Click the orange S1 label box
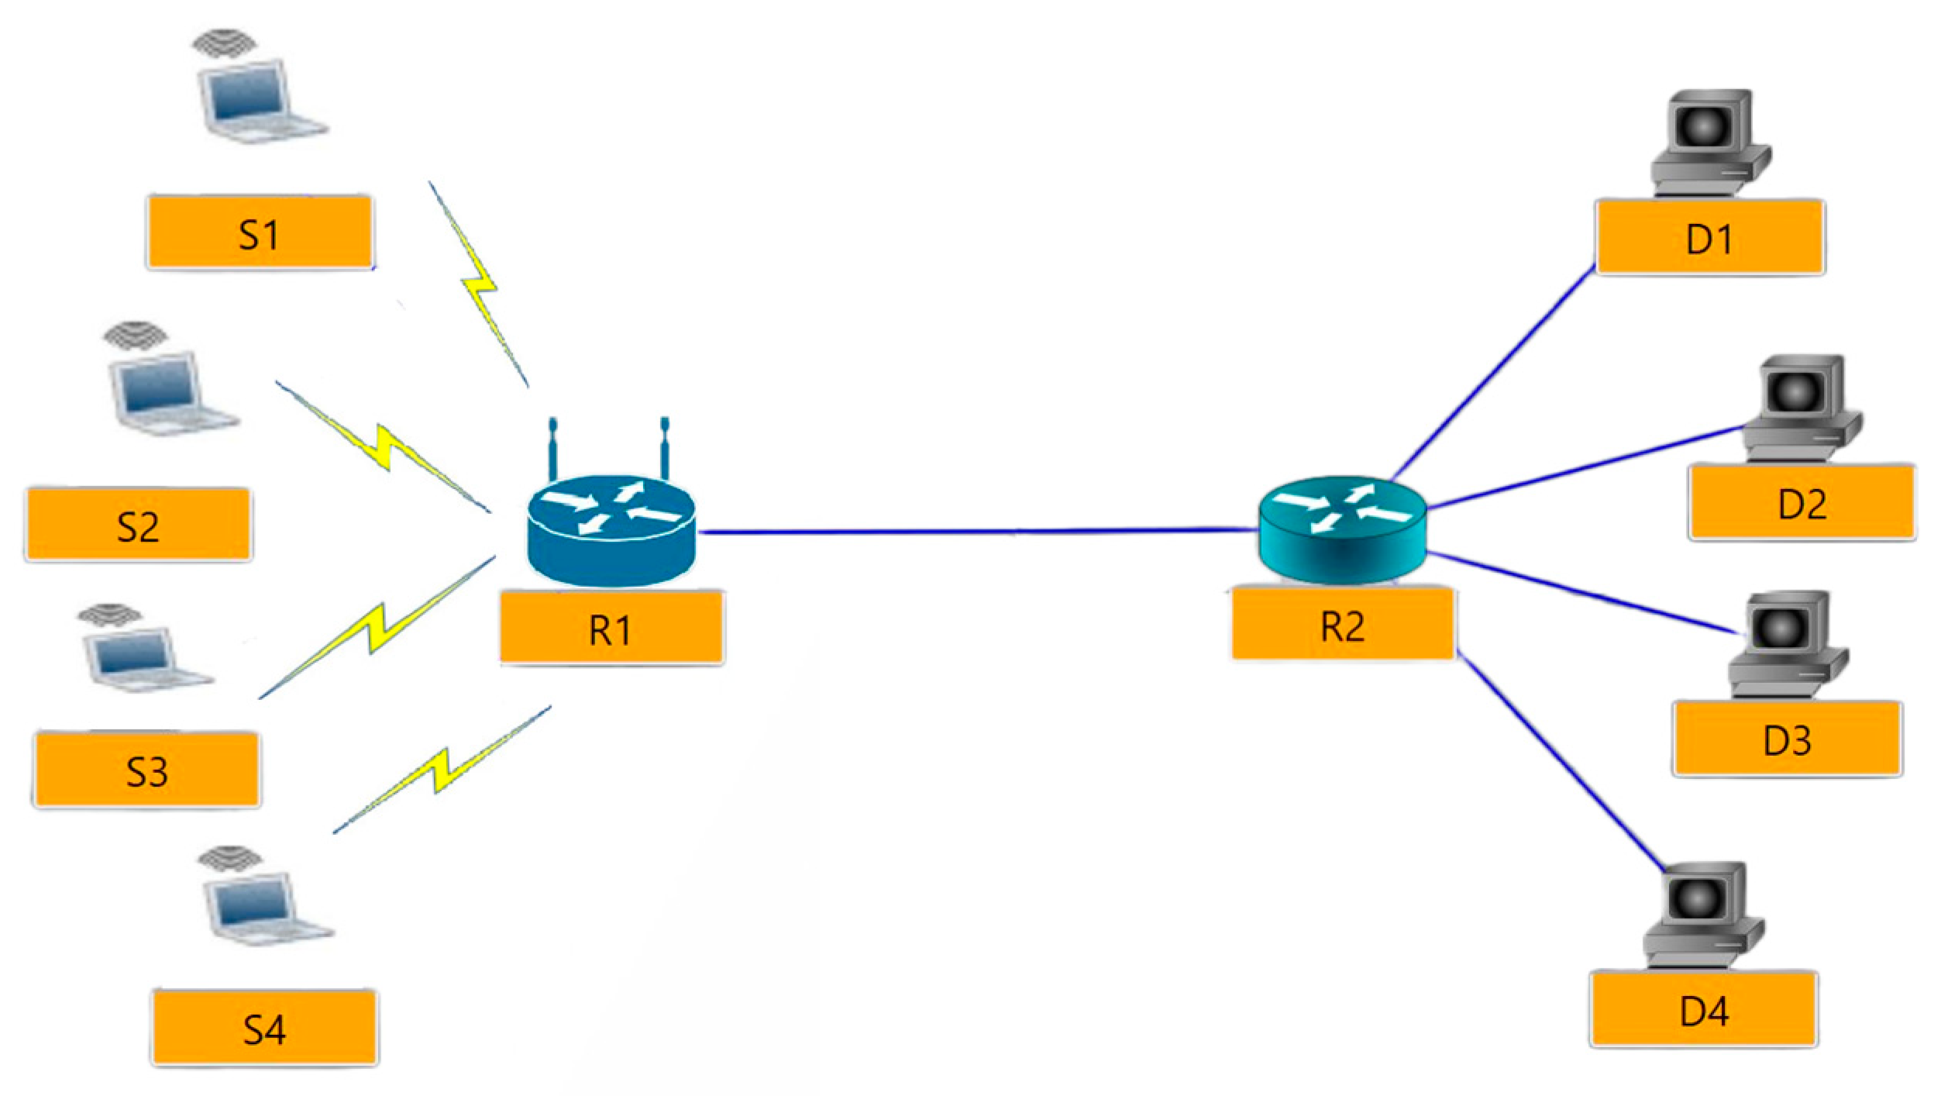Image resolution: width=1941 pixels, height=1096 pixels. pyautogui.click(x=260, y=233)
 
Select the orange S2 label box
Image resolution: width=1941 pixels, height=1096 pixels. pyautogui.click(x=139, y=525)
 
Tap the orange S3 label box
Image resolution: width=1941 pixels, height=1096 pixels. pyautogui.click(x=146, y=770)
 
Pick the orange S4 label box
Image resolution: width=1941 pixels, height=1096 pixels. pyautogui.click(x=264, y=1027)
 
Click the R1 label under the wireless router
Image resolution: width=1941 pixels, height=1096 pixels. pyautogui.click(x=611, y=627)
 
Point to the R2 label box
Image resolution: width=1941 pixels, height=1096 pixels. pyautogui.click(x=1342, y=625)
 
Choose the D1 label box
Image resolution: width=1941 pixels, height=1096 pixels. pyautogui.click(x=1709, y=237)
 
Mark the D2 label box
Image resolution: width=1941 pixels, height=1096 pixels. pyautogui.click(x=1802, y=502)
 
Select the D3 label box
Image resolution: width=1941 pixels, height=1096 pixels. pyautogui.click(x=1787, y=739)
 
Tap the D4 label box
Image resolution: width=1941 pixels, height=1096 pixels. pyautogui.click(x=1703, y=1009)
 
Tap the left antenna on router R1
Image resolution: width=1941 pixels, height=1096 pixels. pyautogui.click(x=553, y=450)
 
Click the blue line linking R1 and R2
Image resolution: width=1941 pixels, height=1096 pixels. pyautogui.click(x=976, y=532)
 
